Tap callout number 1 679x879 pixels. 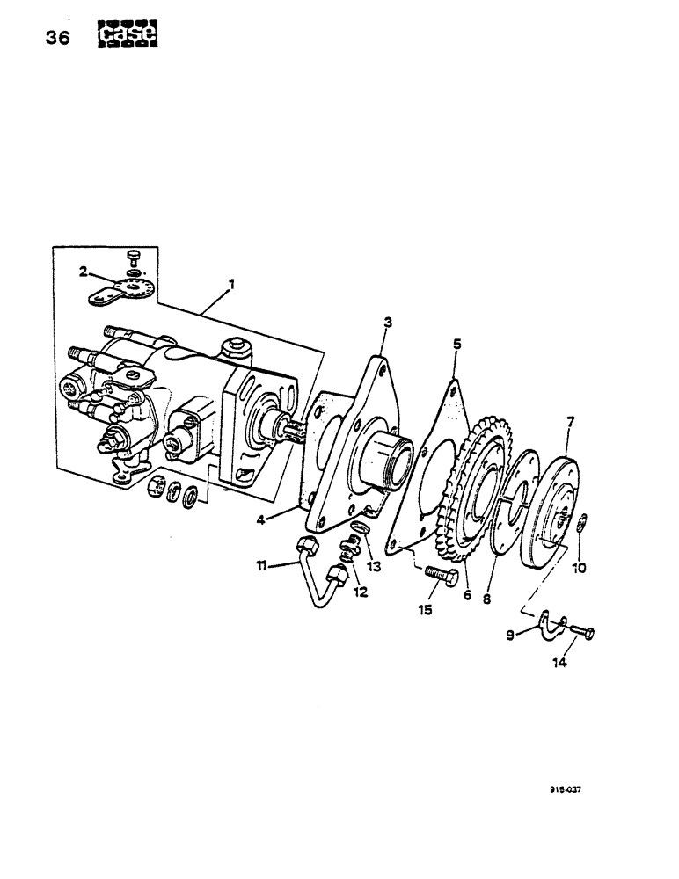tap(231, 284)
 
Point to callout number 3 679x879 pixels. tap(387, 324)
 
